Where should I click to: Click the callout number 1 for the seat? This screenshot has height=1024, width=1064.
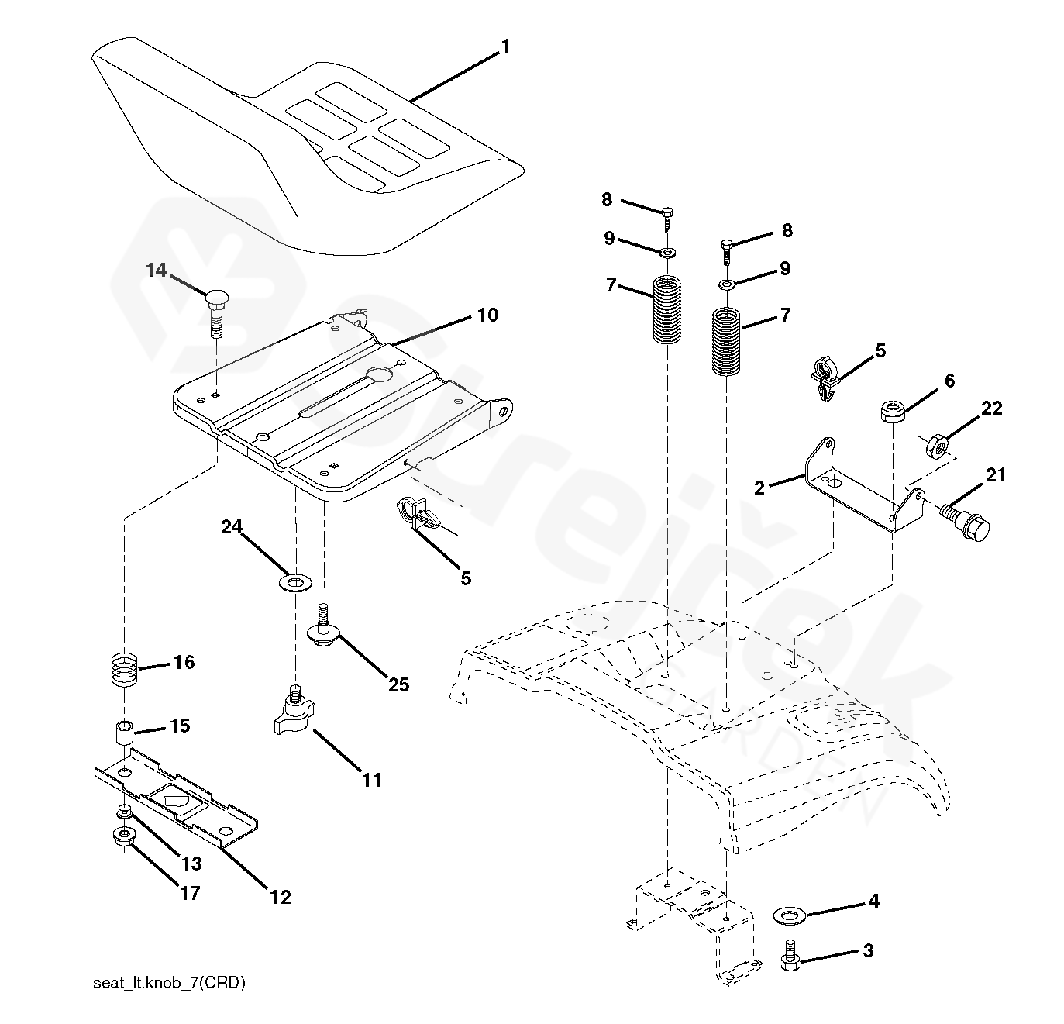[505, 47]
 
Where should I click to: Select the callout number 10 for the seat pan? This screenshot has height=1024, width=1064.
[487, 315]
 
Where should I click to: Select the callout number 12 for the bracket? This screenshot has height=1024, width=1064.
[281, 897]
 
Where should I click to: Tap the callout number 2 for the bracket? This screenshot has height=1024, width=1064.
[759, 488]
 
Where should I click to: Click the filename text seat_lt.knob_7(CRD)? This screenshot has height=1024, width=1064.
[169, 984]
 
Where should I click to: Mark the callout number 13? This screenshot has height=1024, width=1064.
[191, 864]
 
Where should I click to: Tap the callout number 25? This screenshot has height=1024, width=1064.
[398, 684]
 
